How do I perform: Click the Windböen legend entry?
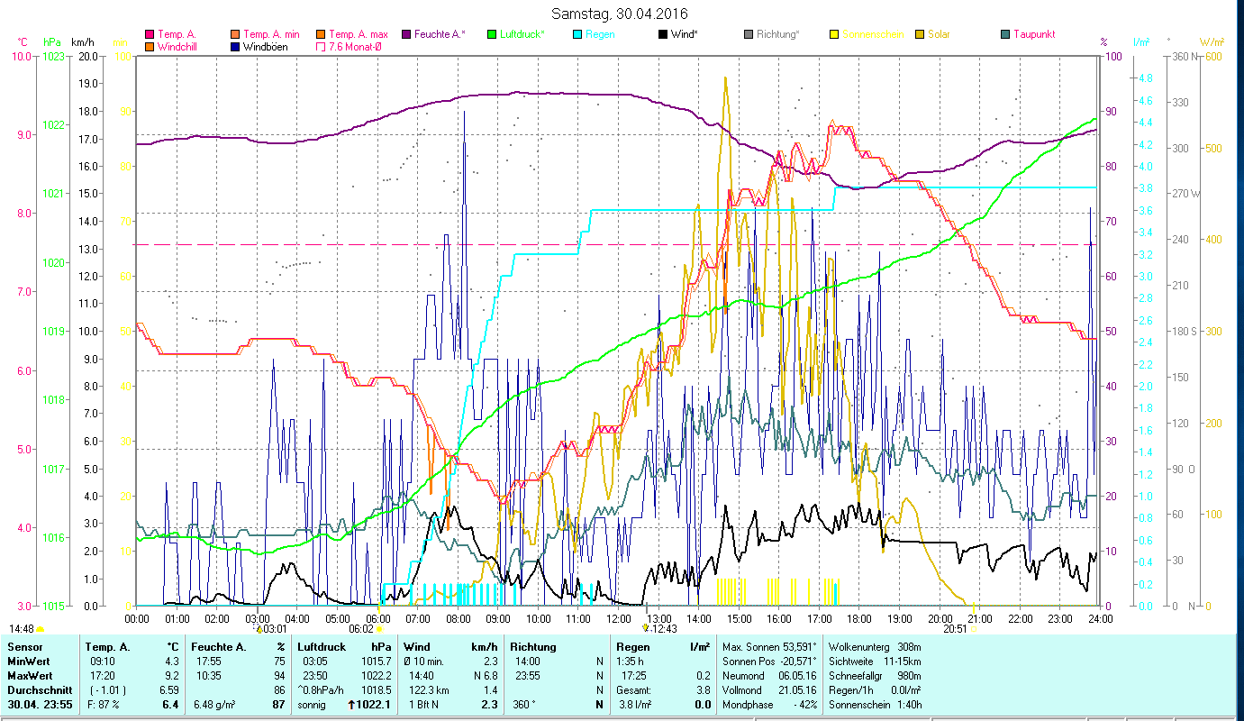(x=265, y=46)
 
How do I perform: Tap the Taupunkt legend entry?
(x=1033, y=34)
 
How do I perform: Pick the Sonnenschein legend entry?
(x=872, y=34)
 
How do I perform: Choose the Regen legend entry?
(x=600, y=34)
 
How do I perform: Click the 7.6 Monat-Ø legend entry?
(x=353, y=46)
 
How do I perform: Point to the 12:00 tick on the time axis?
(x=619, y=618)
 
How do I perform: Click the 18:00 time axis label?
(x=859, y=618)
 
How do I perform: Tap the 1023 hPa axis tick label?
(x=54, y=56)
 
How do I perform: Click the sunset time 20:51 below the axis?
(x=955, y=629)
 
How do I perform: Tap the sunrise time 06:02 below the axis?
(x=360, y=629)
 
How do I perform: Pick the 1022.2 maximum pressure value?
(x=375, y=675)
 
